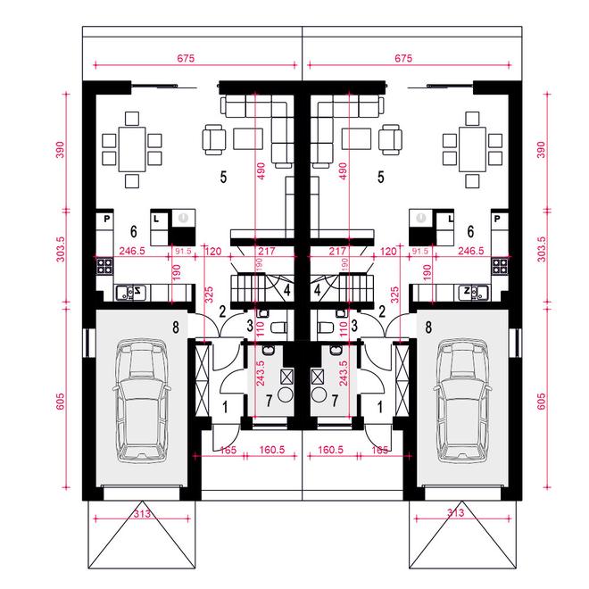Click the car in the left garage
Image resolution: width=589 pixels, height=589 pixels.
[141, 402]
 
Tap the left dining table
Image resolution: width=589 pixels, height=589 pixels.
[132, 149]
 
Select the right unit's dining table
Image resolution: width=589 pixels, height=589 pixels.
[472, 149]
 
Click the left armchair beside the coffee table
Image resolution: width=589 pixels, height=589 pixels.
[214, 140]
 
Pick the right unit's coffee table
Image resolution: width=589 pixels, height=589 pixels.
[356, 139]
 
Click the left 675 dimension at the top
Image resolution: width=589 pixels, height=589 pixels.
[186, 58]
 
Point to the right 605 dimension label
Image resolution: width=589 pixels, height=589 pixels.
[542, 402]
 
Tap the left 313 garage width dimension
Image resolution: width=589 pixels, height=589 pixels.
[142, 513]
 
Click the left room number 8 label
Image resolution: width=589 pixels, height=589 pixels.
[176, 328]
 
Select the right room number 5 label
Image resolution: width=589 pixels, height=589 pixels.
[381, 177]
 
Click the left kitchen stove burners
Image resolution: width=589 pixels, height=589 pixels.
[104, 265]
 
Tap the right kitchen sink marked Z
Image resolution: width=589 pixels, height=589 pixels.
[473, 292]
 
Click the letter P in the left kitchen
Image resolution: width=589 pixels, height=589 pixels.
[107, 219]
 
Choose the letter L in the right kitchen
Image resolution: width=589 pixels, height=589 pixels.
[451, 219]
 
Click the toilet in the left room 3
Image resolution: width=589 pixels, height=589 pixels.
[278, 328]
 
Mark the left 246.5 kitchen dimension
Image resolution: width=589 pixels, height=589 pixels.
[132, 251]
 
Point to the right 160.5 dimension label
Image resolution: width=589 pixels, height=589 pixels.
[330, 450]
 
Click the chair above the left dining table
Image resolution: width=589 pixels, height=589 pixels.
[132, 119]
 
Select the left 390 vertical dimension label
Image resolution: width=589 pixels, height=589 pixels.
[60, 150]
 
